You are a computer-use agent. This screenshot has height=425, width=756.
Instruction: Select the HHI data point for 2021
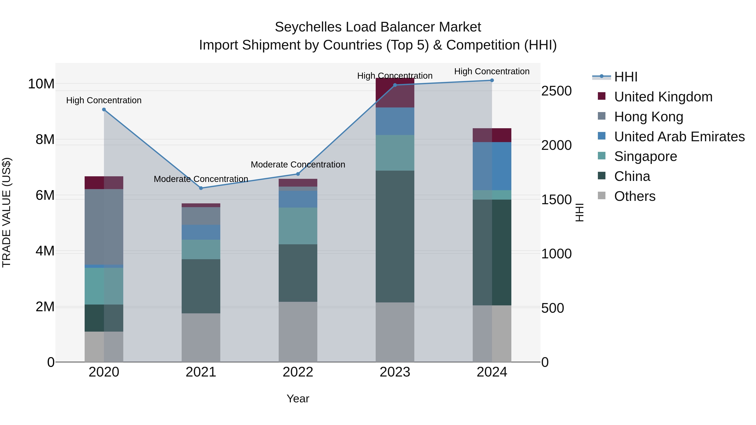pos(201,188)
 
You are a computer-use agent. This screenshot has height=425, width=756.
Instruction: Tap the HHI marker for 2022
pos(298,174)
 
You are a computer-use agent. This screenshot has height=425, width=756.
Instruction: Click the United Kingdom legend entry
pos(663,97)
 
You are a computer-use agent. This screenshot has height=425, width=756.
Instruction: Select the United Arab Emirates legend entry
pos(679,137)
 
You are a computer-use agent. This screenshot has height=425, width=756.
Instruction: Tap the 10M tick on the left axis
pos(41,84)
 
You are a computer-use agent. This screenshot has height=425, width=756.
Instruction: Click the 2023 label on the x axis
pos(395,372)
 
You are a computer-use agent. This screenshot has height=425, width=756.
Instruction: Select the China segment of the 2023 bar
pos(395,236)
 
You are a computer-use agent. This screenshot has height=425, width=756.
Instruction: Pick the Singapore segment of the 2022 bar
pos(298,226)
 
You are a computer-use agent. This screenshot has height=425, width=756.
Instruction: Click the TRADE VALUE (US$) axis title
pos(7,212)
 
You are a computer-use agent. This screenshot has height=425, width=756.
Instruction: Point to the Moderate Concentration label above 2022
pos(298,165)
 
